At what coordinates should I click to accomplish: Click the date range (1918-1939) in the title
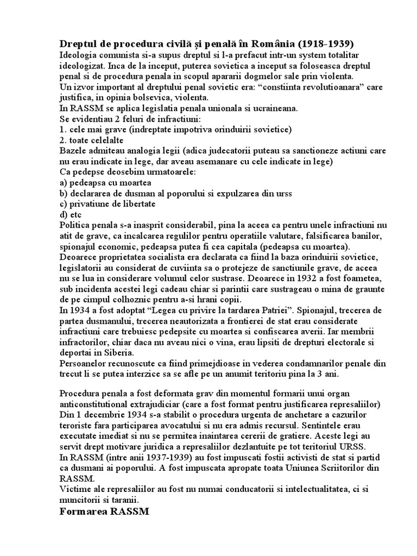326,44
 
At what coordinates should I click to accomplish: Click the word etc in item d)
75,214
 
